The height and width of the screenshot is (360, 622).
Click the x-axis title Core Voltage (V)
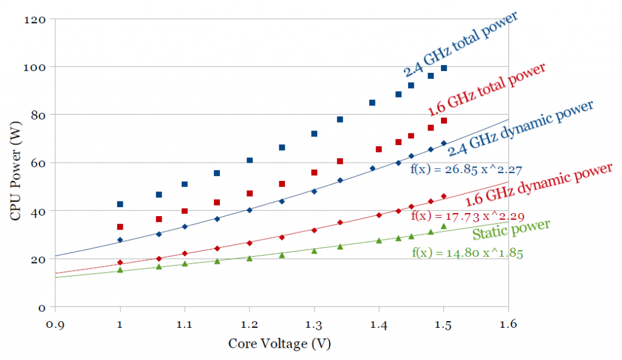point(279,344)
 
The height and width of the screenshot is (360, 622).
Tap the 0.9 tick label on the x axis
point(55,325)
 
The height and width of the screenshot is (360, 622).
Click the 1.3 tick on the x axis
point(314,325)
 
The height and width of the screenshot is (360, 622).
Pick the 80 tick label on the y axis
point(39,115)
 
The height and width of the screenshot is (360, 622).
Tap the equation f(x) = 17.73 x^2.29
point(468,216)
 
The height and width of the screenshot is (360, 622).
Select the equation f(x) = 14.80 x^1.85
point(466,252)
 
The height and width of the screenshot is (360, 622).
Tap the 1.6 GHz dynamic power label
point(538,185)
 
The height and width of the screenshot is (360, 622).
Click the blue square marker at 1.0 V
point(120,204)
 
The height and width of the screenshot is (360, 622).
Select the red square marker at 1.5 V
point(443,121)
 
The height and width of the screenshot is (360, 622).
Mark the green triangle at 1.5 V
point(443,226)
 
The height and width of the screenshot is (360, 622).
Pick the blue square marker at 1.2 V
point(250,160)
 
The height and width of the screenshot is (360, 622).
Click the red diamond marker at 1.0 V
point(120,262)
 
